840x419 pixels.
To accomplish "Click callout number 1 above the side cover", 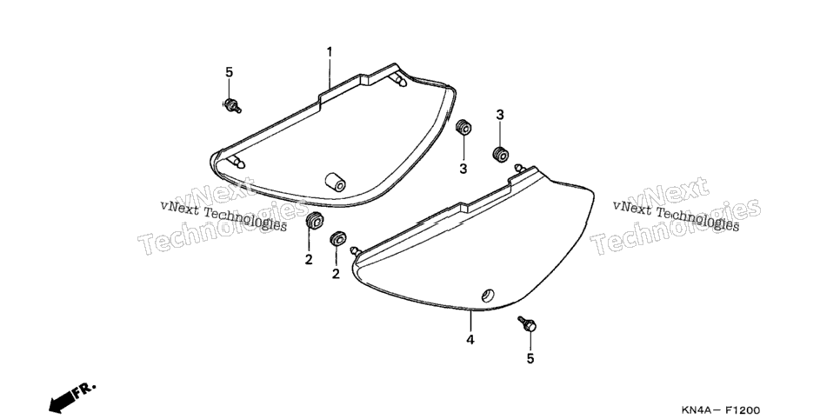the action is click(x=330, y=52).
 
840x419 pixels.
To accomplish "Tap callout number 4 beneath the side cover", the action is click(x=470, y=340).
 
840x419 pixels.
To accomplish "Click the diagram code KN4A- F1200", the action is click(x=720, y=410).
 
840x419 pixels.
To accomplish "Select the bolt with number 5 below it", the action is click(x=527, y=324).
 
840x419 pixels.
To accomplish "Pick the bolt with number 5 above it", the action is click(x=232, y=105).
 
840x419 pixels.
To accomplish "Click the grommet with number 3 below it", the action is click(x=463, y=129).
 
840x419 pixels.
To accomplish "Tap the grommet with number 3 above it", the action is click(x=500, y=154).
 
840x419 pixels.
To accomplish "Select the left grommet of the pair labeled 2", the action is click(x=314, y=221).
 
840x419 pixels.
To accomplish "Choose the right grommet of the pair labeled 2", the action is click(x=337, y=239).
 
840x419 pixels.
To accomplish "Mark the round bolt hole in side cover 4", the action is click(x=488, y=296).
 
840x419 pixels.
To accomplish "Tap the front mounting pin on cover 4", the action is click(x=355, y=250).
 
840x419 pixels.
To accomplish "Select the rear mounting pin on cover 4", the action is click(x=518, y=168).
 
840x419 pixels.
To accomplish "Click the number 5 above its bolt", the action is click(x=230, y=72).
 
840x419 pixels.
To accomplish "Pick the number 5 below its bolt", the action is click(x=530, y=359).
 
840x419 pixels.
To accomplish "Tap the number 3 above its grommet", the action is click(x=500, y=115).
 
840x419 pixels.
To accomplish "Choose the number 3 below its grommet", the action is click(x=463, y=170).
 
